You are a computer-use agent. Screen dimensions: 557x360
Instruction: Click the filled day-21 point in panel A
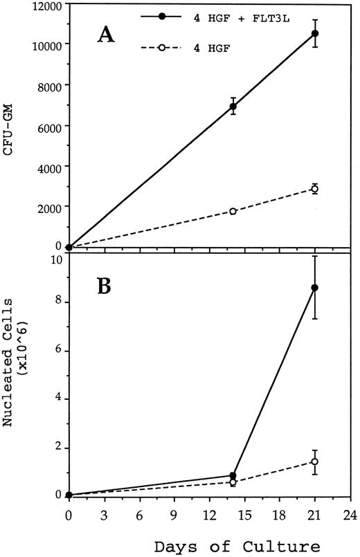click(x=315, y=33)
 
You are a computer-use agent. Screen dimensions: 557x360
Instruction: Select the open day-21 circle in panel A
click(x=315, y=188)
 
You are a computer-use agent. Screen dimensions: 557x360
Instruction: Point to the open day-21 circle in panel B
click(x=315, y=462)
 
